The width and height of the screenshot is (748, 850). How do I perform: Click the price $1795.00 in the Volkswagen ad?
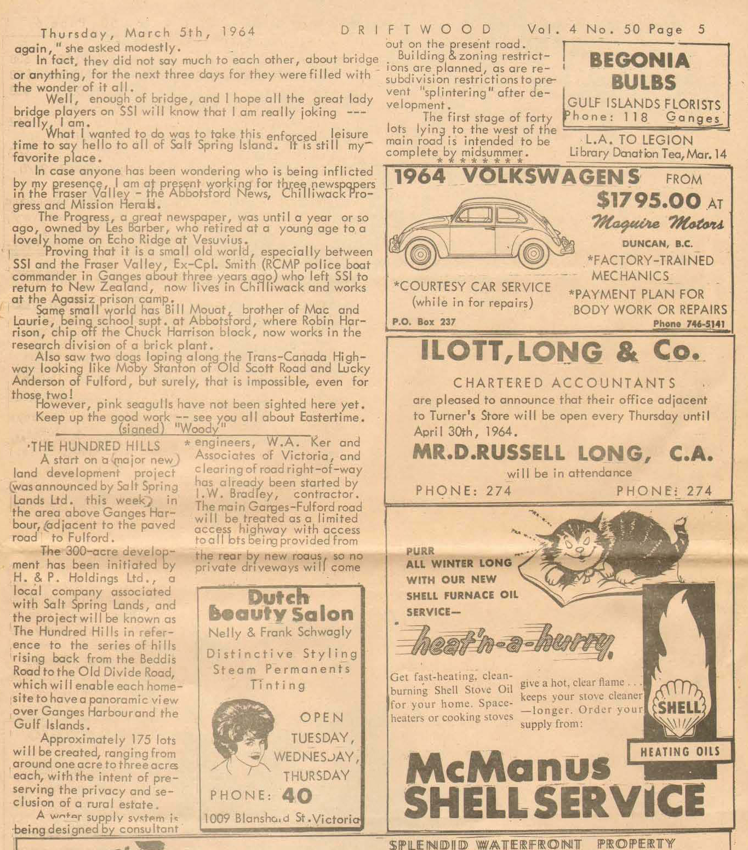click(648, 200)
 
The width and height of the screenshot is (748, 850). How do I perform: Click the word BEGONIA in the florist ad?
click(639, 60)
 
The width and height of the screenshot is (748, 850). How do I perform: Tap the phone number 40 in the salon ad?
click(296, 796)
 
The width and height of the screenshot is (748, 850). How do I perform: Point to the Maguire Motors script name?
click(657, 223)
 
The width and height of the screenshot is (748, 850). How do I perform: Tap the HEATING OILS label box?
click(680, 751)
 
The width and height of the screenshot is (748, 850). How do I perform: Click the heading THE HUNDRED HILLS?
click(94, 446)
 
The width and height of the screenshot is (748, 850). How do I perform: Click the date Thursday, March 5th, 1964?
click(147, 32)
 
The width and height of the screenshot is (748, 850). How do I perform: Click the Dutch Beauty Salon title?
click(280, 606)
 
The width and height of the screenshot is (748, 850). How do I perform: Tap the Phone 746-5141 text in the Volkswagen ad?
click(688, 324)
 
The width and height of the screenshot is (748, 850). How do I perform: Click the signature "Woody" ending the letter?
click(199, 428)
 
